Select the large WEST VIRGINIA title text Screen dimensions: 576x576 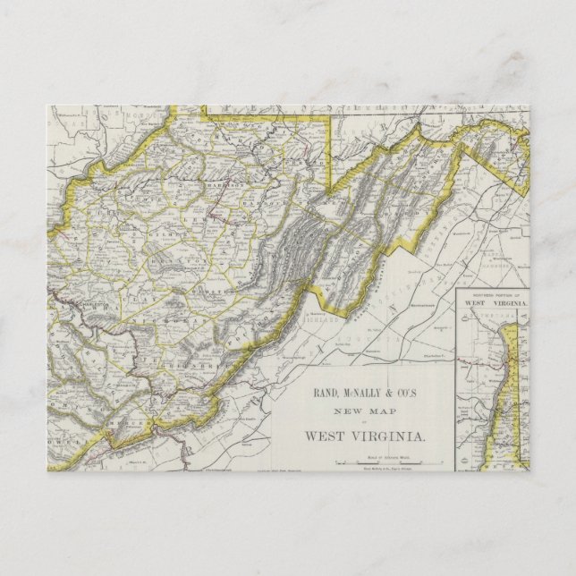pyautogui.click(x=364, y=436)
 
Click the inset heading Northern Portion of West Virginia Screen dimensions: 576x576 pyautogui.click(x=495, y=301)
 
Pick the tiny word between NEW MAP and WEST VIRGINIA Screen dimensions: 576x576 pyautogui.click(x=364, y=423)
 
